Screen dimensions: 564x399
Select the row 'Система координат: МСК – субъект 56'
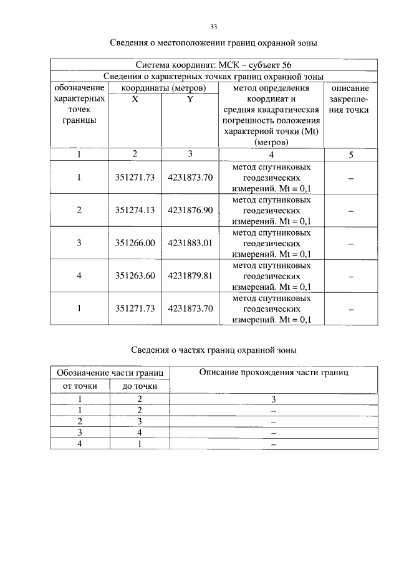[213, 65]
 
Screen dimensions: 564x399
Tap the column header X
[135, 99]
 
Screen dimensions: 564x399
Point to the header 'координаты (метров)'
[163, 88]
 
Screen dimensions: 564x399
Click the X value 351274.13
[135, 210]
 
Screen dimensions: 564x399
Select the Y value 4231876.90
[190, 210]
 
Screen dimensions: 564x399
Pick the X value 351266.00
[135, 243]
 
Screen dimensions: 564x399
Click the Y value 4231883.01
[190, 243]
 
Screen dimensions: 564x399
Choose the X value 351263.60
[135, 276]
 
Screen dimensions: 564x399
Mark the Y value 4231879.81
[190, 276]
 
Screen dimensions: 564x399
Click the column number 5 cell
[350, 155]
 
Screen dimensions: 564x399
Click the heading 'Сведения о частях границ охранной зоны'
[214, 350]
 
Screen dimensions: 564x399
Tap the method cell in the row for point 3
[271, 243]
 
